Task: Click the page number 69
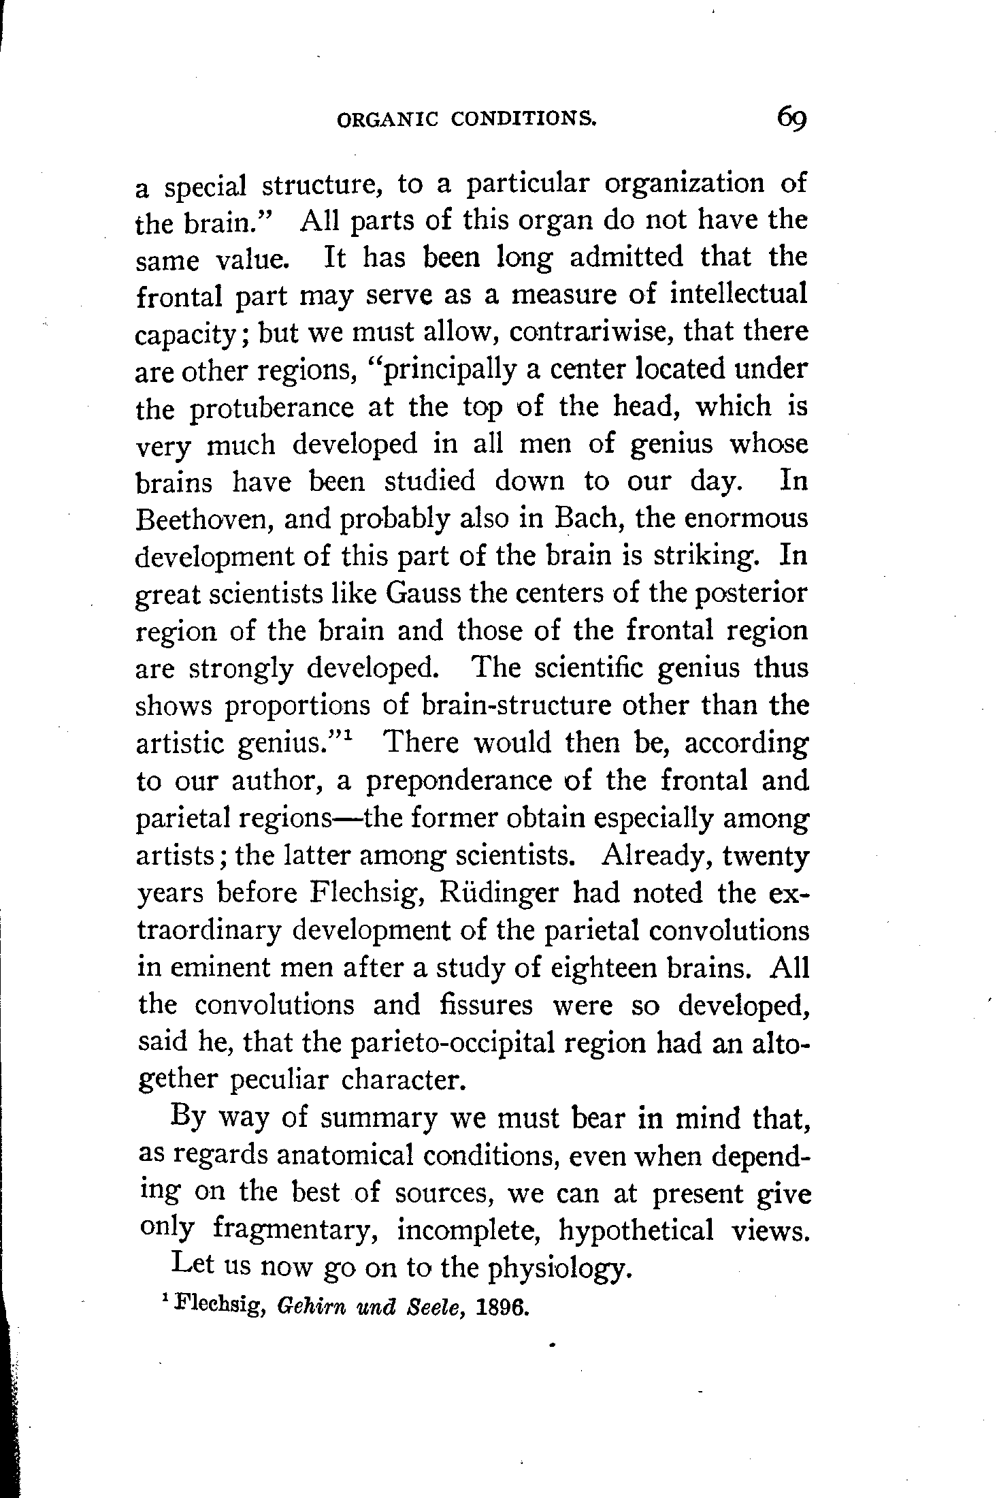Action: click(x=791, y=120)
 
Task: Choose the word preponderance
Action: click(x=459, y=780)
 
